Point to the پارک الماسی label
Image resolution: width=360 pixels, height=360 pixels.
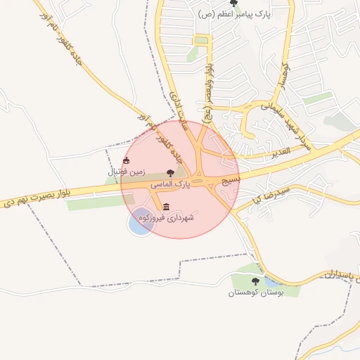170,184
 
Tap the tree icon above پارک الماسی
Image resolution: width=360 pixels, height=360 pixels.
170,173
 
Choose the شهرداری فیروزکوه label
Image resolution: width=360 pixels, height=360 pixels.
166,218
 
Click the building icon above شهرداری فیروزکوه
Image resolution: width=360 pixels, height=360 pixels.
166,207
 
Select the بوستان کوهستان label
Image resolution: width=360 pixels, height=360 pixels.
255,292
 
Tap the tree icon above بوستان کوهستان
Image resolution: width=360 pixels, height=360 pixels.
255,281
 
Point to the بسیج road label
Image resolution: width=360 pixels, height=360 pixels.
231,181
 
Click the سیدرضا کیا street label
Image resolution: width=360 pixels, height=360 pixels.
264,193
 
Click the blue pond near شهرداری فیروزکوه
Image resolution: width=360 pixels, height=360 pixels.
141,221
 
